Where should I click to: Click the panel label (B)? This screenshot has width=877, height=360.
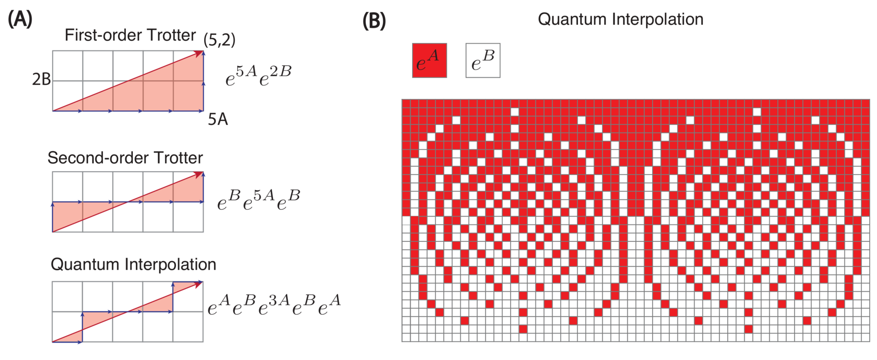(x=374, y=21)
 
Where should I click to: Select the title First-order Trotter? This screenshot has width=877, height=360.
(x=130, y=35)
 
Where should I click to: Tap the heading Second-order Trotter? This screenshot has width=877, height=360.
(x=125, y=158)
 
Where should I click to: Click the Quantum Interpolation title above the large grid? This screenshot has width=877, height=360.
(x=621, y=19)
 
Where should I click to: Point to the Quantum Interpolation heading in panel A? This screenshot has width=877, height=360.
(x=133, y=265)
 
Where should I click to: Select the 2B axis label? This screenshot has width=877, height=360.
(x=41, y=80)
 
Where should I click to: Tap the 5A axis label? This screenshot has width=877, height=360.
(x=218, y=120)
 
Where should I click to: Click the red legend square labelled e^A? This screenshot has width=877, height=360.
(x=429, y=60)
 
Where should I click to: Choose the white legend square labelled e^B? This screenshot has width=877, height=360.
(x=483, y=60)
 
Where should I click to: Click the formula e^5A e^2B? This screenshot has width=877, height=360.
(x=258, y=76)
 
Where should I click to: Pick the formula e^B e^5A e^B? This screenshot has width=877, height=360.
(x=258, y=200)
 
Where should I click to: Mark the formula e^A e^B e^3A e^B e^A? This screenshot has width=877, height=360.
(x=274, y=305)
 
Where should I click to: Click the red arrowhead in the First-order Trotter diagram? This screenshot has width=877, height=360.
(x=199, y=54)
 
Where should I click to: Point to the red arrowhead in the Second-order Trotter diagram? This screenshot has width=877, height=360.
(x=199, y=175)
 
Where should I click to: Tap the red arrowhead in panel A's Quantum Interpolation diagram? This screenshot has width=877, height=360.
(x=199, y=284)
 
